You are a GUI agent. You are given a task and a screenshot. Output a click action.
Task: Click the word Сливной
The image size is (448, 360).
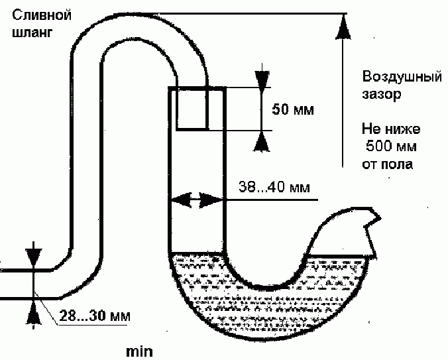[x=42, y=15]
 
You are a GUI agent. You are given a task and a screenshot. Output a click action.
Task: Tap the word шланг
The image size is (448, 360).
[x=32, y=32]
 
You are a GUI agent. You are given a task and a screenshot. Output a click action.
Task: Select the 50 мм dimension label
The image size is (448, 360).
[x=293, y=109]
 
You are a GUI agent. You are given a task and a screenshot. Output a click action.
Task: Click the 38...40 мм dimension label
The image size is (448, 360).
[x=274, y=187]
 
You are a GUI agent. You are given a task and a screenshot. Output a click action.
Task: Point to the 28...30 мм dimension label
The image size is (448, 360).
[x=95, y=316]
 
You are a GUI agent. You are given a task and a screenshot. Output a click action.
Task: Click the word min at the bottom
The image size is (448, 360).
[x=139, y=351]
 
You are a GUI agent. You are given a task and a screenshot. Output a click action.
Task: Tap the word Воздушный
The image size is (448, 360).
[x=402, y=77]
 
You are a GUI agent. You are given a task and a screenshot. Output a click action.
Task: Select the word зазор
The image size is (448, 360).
[x=382, y=94]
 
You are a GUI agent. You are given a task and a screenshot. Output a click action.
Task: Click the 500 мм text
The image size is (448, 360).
[x=391, y=146]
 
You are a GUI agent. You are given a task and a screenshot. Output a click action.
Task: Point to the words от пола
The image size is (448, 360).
[x=388, y=164]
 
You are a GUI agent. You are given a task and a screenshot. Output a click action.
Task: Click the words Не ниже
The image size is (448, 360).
[x=391, y=129]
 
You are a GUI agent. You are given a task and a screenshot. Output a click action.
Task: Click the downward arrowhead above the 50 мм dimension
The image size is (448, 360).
[x=262, y=79]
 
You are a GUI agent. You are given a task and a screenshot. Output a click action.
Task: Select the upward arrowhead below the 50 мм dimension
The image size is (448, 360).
[x=261, y=142]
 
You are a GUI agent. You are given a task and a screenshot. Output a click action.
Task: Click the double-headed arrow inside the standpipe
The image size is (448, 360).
[x=197, y=200]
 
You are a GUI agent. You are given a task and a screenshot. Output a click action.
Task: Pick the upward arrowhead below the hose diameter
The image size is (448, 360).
[x=34, y=314]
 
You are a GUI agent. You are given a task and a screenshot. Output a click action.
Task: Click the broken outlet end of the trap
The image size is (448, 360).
[x=370, y=229]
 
